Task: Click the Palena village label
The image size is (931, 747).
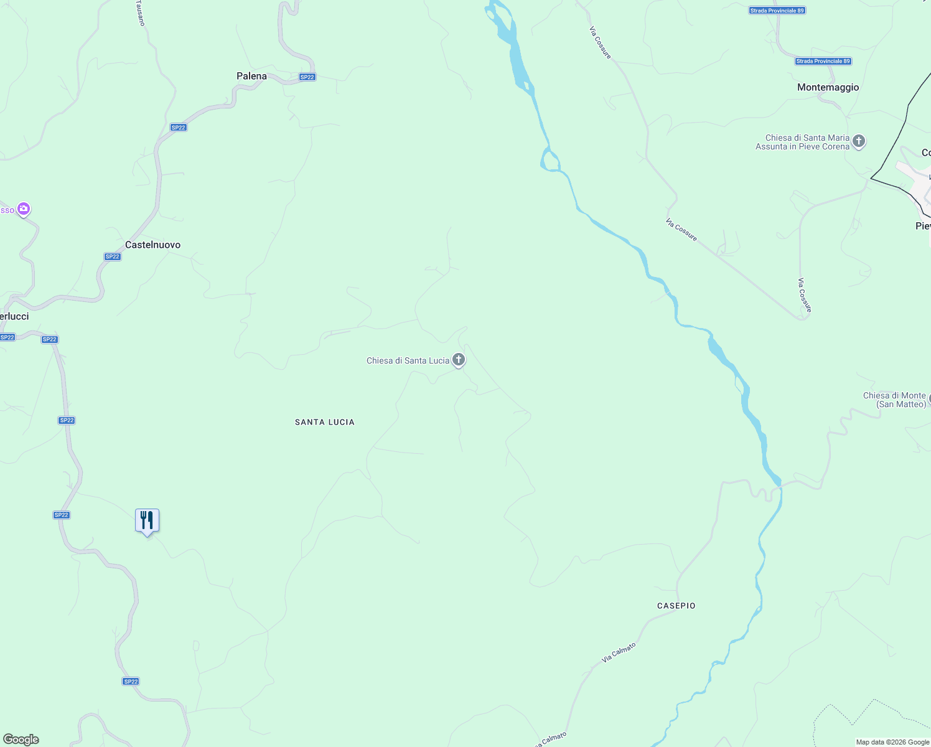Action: [251, 76]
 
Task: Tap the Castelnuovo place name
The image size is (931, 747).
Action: [152, 245]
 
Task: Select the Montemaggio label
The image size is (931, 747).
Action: [828, 87]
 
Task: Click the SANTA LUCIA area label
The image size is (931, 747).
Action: [325, 422]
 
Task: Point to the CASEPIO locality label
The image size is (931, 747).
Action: [676, 606]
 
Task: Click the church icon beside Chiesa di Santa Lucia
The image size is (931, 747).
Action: [459, 359]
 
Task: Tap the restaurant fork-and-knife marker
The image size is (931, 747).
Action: [147, 520]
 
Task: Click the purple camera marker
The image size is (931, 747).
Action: [24, 209]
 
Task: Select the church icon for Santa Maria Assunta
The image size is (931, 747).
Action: [859, 141]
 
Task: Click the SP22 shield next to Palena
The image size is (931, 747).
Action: [307, 77]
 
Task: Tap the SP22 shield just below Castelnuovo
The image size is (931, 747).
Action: [112, 256]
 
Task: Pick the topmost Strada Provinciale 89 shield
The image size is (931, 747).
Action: [777, 11]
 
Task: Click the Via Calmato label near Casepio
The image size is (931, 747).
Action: [619, 652]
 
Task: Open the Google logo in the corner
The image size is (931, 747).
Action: [21, 740]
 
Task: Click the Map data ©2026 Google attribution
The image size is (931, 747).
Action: [892, 742]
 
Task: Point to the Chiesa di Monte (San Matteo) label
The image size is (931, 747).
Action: [894, 400]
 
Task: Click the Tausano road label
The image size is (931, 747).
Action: [140, 13]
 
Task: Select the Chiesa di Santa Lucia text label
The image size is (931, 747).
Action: [408, 360]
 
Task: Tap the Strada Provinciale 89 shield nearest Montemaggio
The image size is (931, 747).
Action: [823, 61]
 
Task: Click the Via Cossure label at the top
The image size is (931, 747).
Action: [601, 42]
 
